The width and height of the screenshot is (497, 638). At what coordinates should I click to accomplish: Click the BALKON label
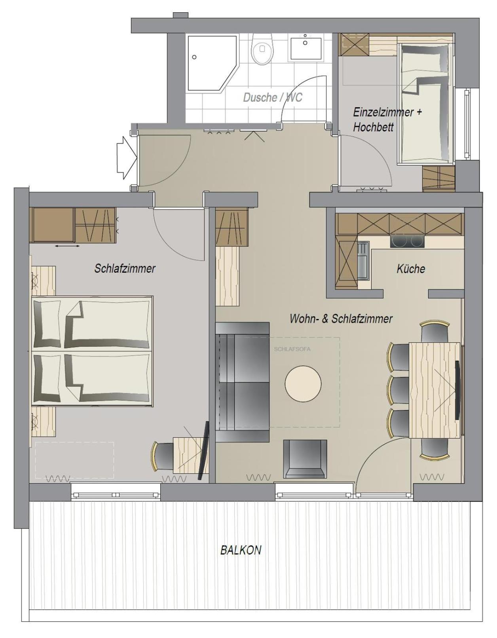pyautogui.click(x=241, y=550)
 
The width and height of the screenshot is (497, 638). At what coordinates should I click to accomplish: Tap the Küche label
pyautogui.click(x=411, y=269)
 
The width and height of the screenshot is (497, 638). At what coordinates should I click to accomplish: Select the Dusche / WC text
pyautogui.click(x=273, y=97)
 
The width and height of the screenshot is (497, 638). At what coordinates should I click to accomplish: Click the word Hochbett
pyautogui.click(x=373, y=127)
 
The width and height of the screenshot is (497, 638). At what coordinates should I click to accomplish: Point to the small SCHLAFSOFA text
pyautogui.click(x=292, y=349)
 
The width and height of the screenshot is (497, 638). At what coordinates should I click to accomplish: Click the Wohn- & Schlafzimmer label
pyautogui.click(x=341, y=319)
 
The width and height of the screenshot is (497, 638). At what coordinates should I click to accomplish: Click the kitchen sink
pyautogui.click(x=364, y=261)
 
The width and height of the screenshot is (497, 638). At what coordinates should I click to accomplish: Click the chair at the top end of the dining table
pyautogui.click(x=435, y=332)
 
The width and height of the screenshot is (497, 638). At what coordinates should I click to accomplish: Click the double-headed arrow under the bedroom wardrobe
pyautogui.click(x=67, y=246)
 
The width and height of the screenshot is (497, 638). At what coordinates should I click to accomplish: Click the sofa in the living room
pyautogui.click(x=243, y=382)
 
